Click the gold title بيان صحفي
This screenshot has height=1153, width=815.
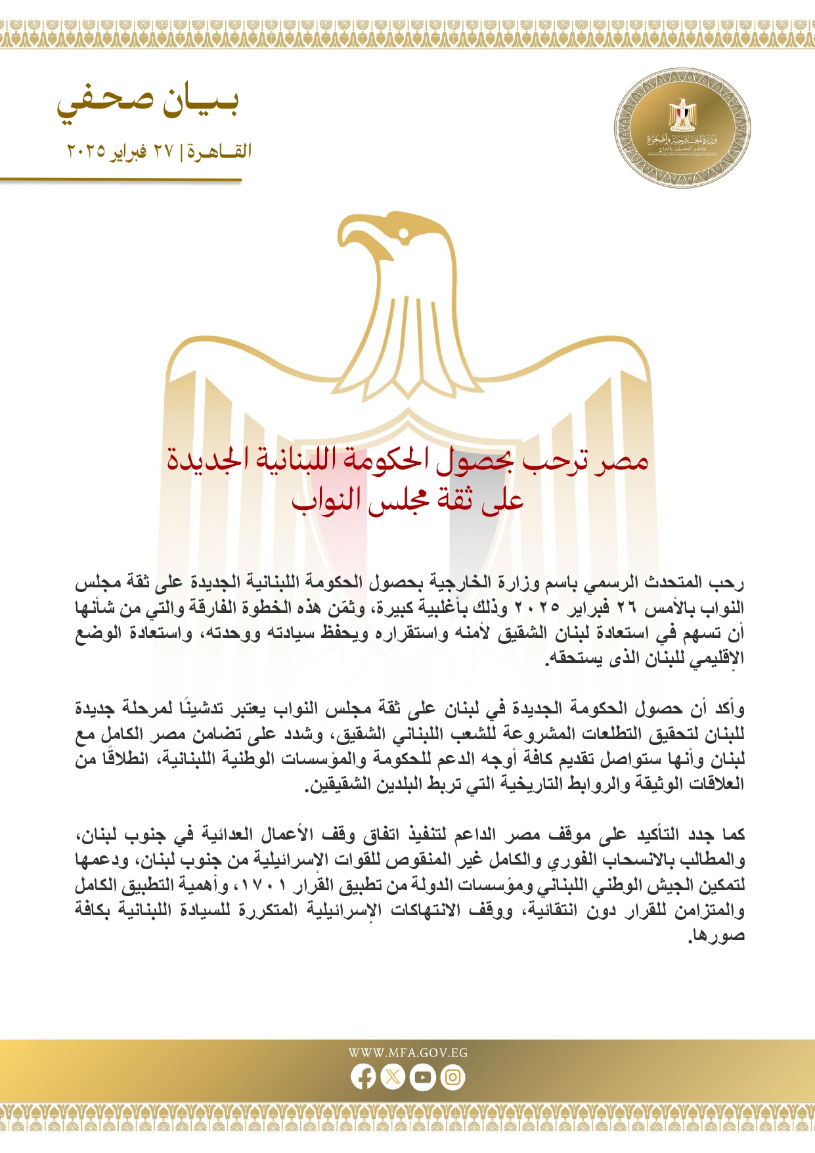(148, 102)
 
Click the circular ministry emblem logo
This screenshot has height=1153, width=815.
(682, 127)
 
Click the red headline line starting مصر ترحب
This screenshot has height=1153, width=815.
(407, 459)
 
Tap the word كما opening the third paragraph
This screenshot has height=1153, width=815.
(732, 835)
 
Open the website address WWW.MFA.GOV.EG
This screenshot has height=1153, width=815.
(408, 1052)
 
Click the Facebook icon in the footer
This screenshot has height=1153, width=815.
(363, 1077)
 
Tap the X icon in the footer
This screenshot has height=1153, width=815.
(393, 1077)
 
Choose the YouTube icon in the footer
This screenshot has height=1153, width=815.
(423, 1077)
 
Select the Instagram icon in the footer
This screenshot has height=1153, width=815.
(452, 1077)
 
